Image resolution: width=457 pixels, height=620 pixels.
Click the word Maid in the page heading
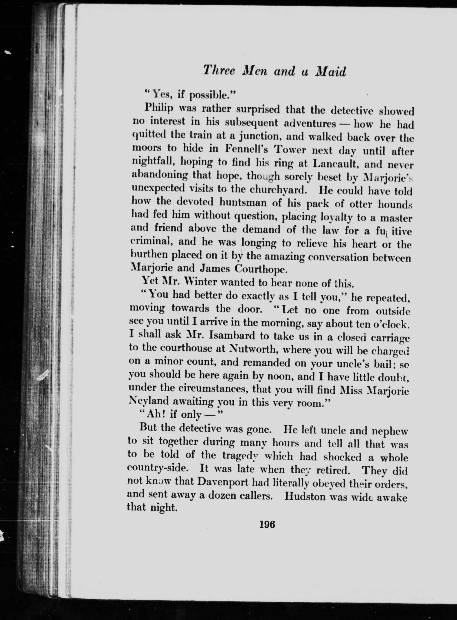pyautogui.click(x=331, y=72)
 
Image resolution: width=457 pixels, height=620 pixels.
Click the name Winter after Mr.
pyautogui.click(x=194, y=282)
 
